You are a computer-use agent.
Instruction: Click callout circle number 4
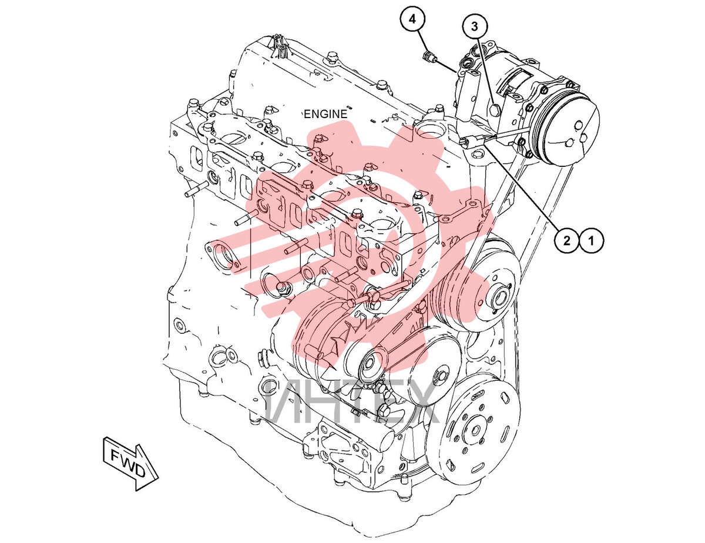pos(412,19)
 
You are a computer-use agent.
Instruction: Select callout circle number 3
pos(474,26)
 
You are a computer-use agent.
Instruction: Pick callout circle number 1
pos(591,241)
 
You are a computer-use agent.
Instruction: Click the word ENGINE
pos(325,114)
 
